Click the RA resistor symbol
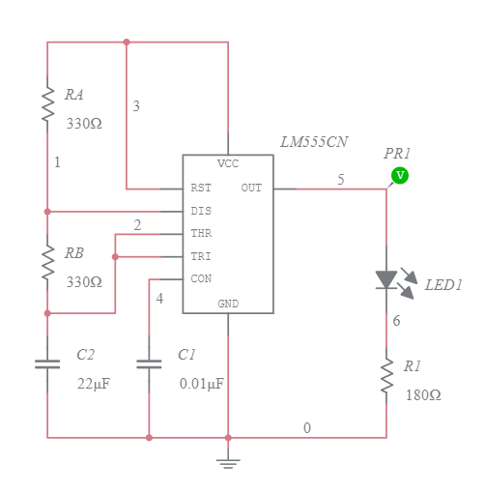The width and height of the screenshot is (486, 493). pos(47,103)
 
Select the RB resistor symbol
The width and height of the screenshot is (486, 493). pos(47,262)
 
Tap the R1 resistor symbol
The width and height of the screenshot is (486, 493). pos(386,377)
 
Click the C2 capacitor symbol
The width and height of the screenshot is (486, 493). pos(47,364)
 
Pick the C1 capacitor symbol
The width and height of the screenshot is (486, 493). pos(149,364)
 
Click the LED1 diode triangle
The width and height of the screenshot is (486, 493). pos(386,279)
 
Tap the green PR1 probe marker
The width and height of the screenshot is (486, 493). pos(399,175)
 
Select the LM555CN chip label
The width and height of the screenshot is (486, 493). pos(314,142)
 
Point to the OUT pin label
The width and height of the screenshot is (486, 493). pos(251,188)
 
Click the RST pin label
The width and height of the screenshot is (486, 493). pos(201,188)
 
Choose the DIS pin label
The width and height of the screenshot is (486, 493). pos(201,211)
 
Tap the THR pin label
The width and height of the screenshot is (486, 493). pos(201,234)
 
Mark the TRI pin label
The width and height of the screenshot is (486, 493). pos(201,257)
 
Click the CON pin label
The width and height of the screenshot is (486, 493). pos(201,279)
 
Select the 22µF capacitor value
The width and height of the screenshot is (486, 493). pos(94,384)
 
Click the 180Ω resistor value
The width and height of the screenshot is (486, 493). pos(423,395)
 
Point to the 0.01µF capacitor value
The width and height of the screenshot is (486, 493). pos(201,384)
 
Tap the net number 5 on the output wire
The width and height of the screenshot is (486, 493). pos(340,180)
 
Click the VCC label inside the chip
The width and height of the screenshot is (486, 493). pos(228,163)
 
